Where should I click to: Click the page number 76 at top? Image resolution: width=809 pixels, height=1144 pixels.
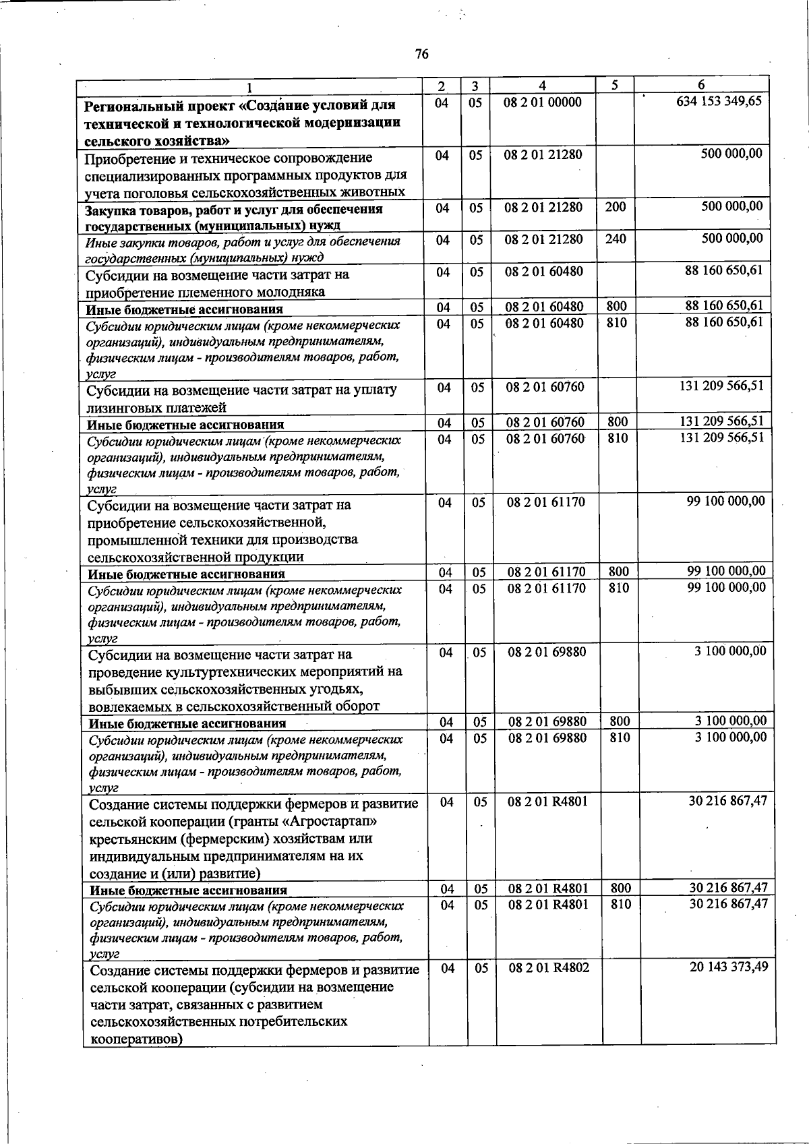pyautogui.click(x=422, y=55)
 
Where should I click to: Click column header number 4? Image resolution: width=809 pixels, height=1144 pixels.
pyautogui.click(x=542, y=86)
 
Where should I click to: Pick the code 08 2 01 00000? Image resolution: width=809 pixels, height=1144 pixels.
pyautogui.click(x=543, y=102)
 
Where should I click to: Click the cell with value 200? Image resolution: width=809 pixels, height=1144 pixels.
pyautogui.click(x=615, y=207)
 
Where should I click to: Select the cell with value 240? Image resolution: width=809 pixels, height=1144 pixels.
pyautogui.click(x=615, y=239)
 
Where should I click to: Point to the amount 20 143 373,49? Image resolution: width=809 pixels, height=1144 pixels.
pyautogui.click(x=729, y=967)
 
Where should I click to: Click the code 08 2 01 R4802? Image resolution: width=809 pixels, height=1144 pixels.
pyautogui.click(x=549, y=968)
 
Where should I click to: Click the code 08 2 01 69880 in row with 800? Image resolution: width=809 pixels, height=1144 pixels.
pyautogui.click(x=547, y=722)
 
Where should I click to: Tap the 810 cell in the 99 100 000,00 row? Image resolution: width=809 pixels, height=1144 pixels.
pyautogui.click(x=618, y=588)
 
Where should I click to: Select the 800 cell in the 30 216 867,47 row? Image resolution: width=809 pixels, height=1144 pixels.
pyautogui.click(x=620, y=889)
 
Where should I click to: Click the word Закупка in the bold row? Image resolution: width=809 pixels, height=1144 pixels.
pyautogui.click(x=111, y=210)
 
